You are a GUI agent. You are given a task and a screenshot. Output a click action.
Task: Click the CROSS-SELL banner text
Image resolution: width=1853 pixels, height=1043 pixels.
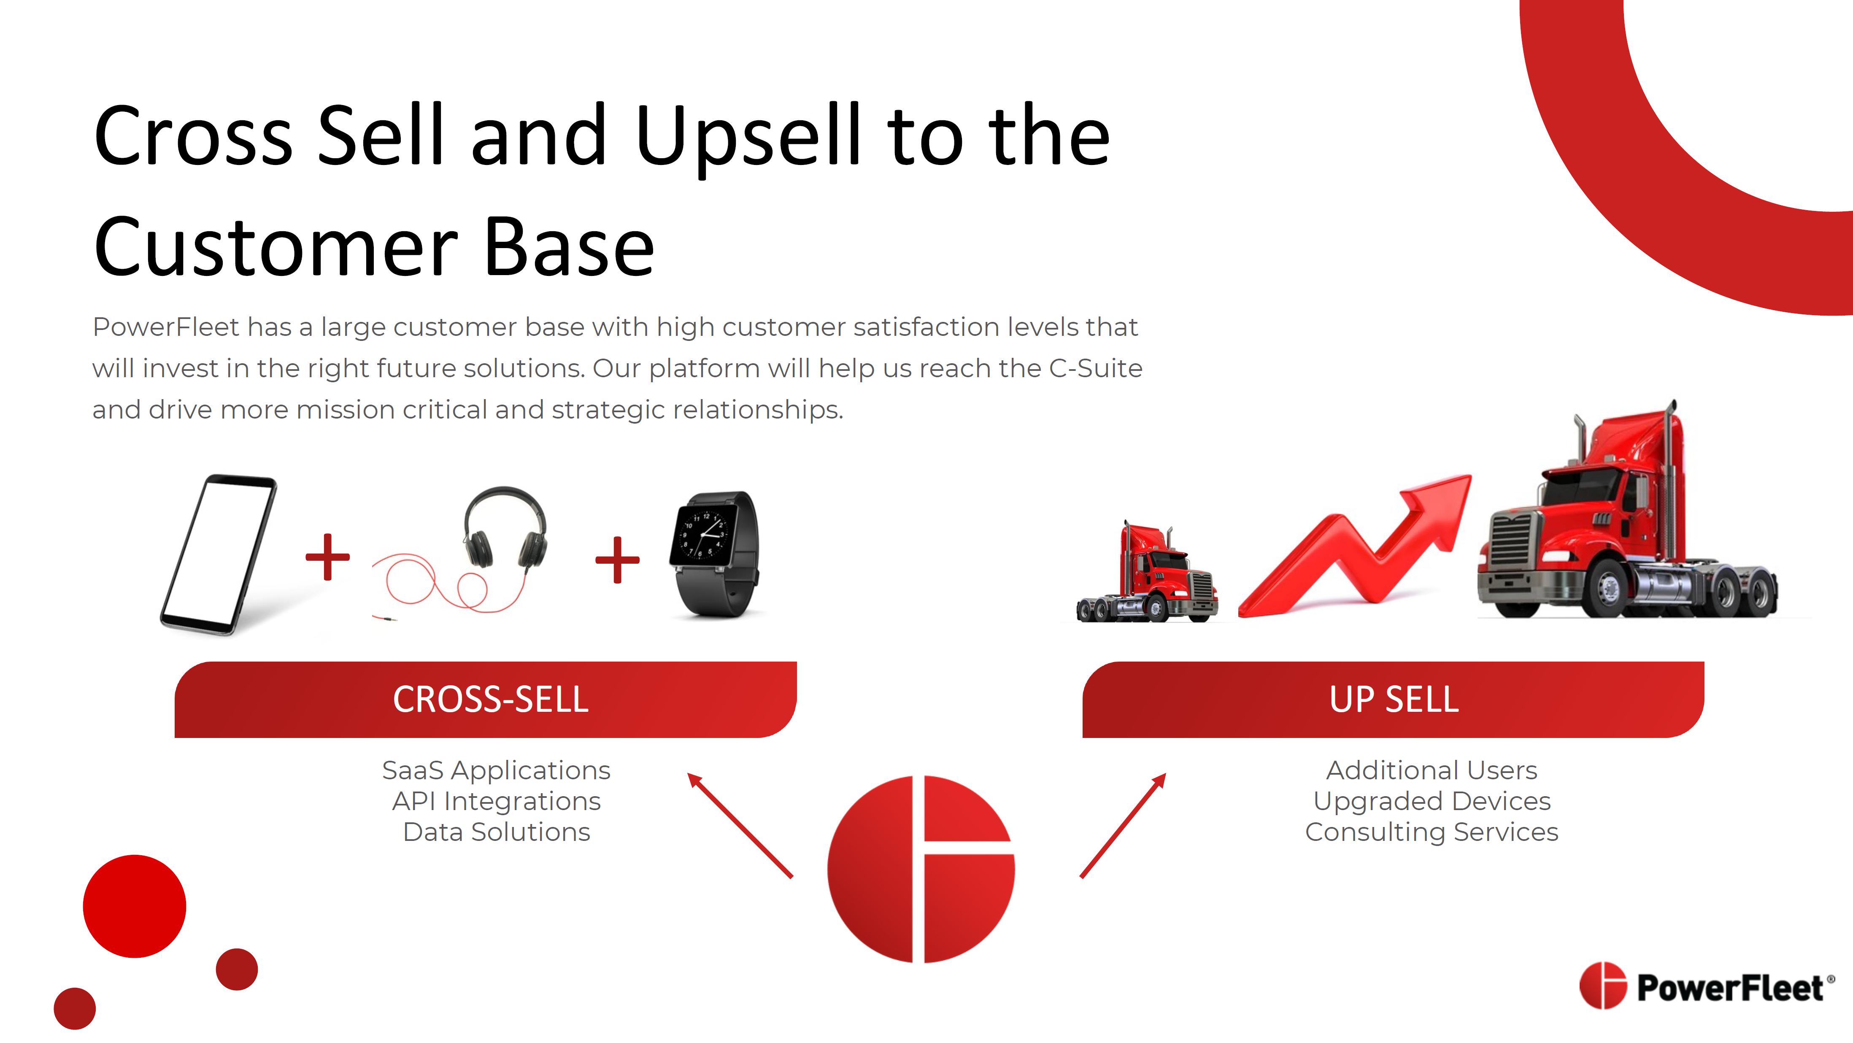491,699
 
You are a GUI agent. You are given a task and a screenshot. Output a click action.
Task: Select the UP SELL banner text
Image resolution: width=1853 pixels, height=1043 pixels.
1394,699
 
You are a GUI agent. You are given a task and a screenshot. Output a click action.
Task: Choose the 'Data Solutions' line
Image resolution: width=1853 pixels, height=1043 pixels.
496,832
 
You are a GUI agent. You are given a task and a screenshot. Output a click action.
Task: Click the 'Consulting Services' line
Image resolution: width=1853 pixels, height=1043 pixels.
1432,832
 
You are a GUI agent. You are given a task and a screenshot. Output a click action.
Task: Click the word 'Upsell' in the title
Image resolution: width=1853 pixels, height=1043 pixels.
748,137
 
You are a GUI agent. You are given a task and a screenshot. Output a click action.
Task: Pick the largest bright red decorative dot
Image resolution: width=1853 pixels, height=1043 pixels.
135,906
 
